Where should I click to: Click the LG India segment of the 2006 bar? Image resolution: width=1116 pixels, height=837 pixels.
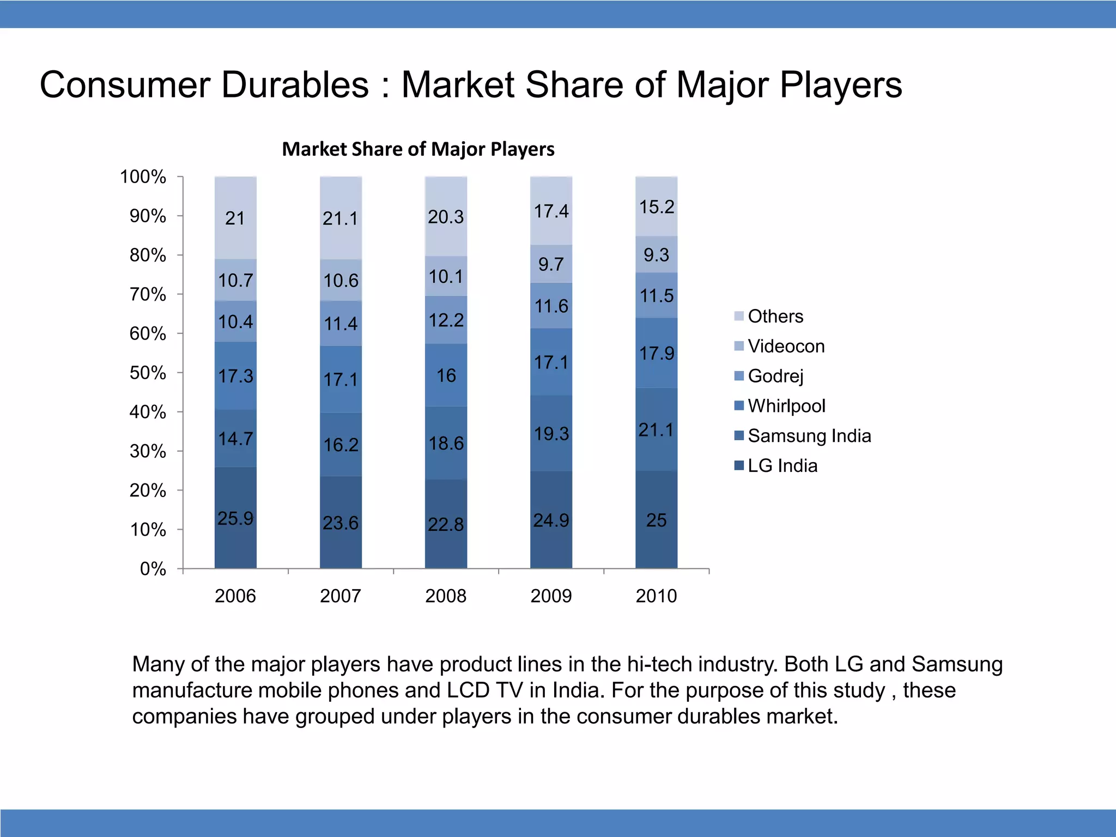[x=235, y=517]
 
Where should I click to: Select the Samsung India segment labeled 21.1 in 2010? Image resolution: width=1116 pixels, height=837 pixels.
[x=656, y=429]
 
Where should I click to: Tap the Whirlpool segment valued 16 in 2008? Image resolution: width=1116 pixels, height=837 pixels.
[x=446, y=375]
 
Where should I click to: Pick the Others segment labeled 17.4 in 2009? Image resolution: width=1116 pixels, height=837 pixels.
[x=551, y=211]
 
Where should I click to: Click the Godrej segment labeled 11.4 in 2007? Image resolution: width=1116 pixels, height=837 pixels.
[x=341, y=323]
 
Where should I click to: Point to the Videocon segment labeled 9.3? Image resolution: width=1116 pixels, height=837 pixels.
[x=656, y=254]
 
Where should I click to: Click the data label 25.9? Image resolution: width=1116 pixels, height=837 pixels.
[x=235, y=518]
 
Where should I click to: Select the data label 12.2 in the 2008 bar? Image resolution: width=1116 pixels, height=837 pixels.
[x=446, y=320]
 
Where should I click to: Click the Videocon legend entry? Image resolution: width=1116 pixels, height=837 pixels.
[x=785, y=346]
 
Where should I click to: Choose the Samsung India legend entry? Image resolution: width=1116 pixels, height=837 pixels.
[x=809, y=436]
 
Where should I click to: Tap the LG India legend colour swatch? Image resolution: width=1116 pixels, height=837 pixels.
[x=739, y=465]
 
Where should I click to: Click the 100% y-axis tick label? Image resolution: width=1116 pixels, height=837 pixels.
[x=143, y=177]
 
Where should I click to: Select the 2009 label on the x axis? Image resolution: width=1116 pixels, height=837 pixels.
[x=551, y=596]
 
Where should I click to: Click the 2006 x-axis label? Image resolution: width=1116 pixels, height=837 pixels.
[x=235, y=596]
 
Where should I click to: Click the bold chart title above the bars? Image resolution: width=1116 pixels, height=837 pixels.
[x=418, y=149]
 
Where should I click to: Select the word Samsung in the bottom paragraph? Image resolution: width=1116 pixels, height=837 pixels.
[x=957, y=664]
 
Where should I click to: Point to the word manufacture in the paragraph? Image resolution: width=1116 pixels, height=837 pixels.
[x=192, y=690]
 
